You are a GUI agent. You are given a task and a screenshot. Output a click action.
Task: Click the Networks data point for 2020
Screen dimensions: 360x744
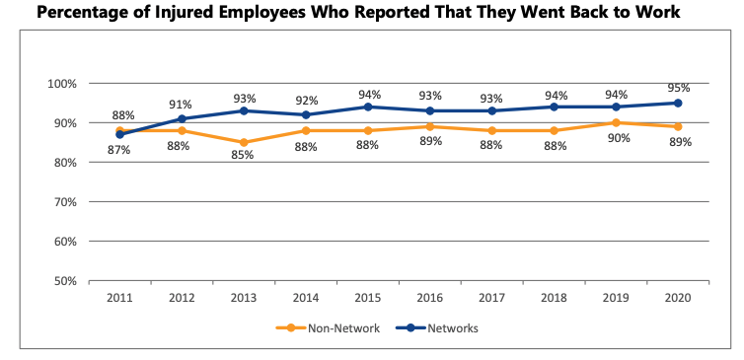678,103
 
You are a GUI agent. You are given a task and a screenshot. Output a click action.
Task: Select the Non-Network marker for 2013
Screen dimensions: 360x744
245,142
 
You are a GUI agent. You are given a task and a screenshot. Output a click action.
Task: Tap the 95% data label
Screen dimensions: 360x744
678,88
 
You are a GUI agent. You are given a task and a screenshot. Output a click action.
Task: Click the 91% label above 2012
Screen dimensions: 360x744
181,104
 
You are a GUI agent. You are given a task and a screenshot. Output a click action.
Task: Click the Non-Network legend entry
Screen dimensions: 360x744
335,327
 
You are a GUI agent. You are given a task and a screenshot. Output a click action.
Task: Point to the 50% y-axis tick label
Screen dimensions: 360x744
64,281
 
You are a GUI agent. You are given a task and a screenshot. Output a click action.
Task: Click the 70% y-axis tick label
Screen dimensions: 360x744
64,202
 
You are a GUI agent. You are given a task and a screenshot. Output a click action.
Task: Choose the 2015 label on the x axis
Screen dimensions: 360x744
368,297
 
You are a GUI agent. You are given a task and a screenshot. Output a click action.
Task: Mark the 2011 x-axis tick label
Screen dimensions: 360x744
120,297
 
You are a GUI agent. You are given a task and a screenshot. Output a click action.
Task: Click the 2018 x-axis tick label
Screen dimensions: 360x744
554,297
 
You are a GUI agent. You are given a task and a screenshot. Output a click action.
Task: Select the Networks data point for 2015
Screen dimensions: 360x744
368,107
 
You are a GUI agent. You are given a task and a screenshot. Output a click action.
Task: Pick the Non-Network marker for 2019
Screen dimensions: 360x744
616,122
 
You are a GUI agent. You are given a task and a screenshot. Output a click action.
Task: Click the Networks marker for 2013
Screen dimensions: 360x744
245,110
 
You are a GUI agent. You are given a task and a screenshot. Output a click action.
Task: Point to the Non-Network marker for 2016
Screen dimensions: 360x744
430,126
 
